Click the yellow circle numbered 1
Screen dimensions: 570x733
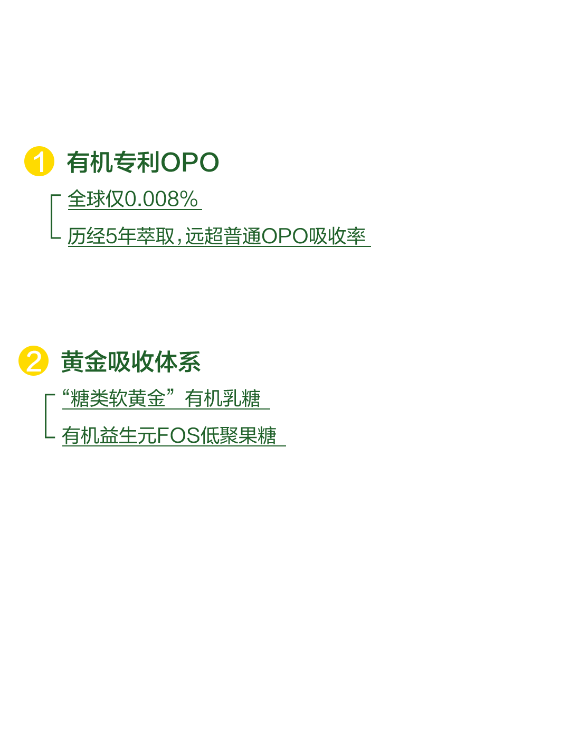pyautogui.click(x=39, y=161)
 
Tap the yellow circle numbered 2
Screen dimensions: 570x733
pyautogui.click(x=33, y=360)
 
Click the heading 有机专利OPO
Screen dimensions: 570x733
pyautogui.click(x=143, y=162)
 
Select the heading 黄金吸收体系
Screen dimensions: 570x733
pyautogui.click(x=131, y=361)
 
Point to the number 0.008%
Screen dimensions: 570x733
pyautogui.click(x=161, y=198)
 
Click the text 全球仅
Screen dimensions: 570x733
pyautogui.click(x=96, y=198)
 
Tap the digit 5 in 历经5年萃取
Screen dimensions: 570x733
pyautogui.click(x=111, y=236)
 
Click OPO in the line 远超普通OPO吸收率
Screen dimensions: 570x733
pyautogui.click(x=285, y=236)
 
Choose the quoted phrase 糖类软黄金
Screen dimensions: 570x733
pyautogui.click(x=118, y=398)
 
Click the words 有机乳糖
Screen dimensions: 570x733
pyautogui.click(x=223, y=398)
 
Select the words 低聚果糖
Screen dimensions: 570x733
pyautogui.click(x=239, y=435)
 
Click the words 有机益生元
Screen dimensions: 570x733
pyautogui.click(x=109, y=435)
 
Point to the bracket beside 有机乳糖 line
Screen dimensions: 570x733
pyautogui.click(x=45, y=416)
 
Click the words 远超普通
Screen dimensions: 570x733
pyautogui.click(x=223, y=236)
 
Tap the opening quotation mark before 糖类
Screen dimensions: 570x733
pyautogui.click(x=66, y=393)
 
